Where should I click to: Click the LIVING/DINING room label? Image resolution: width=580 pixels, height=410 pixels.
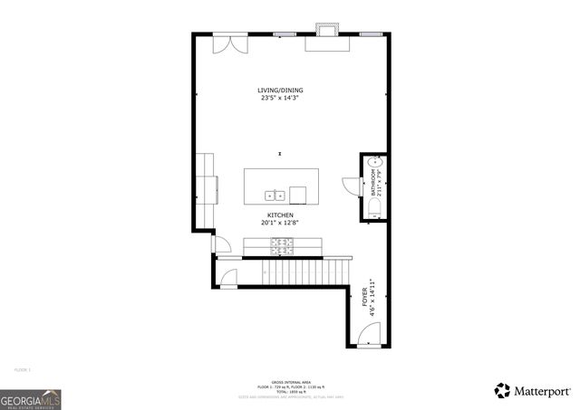click(280, 90)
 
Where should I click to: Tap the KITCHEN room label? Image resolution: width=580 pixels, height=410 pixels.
click(280, 215)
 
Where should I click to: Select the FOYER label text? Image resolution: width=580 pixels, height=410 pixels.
click(365, 298)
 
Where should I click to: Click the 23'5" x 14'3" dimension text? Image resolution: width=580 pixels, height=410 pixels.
click(280, 98)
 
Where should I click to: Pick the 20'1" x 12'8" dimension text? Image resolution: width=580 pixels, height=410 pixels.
click(280, 223)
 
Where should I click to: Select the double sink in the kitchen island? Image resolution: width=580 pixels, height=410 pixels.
click(275, 194)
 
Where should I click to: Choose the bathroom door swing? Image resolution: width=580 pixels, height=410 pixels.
click(351, 184)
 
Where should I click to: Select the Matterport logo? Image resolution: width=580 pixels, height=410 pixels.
click(532, 391)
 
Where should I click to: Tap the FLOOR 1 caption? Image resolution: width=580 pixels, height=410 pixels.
click(23, 369)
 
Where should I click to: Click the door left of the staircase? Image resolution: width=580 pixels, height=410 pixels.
click(228, 278)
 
